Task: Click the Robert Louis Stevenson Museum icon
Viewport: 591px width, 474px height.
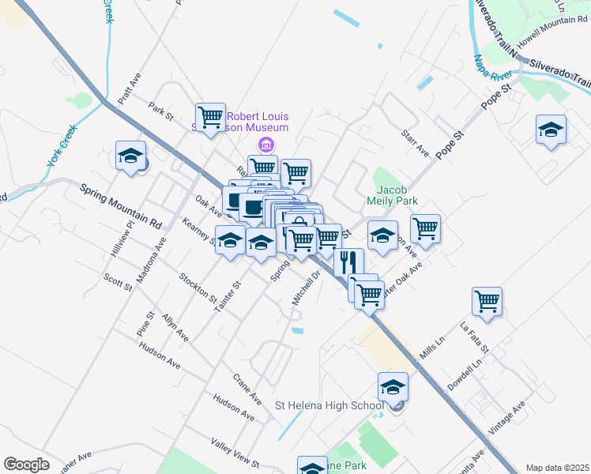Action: (x=266, y=144)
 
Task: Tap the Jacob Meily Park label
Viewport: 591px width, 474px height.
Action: (x=392, y=196)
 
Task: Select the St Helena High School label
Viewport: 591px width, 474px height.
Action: (x=329, y=406)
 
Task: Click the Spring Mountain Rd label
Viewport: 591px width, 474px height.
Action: (x=121, y=207)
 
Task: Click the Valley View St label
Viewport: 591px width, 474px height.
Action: (x=235, y=452)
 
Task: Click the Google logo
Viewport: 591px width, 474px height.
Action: (x=26, y=465)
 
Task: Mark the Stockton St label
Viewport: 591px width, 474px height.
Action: (x=198, y=288)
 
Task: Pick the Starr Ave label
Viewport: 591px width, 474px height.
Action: (x=414, y=143)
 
